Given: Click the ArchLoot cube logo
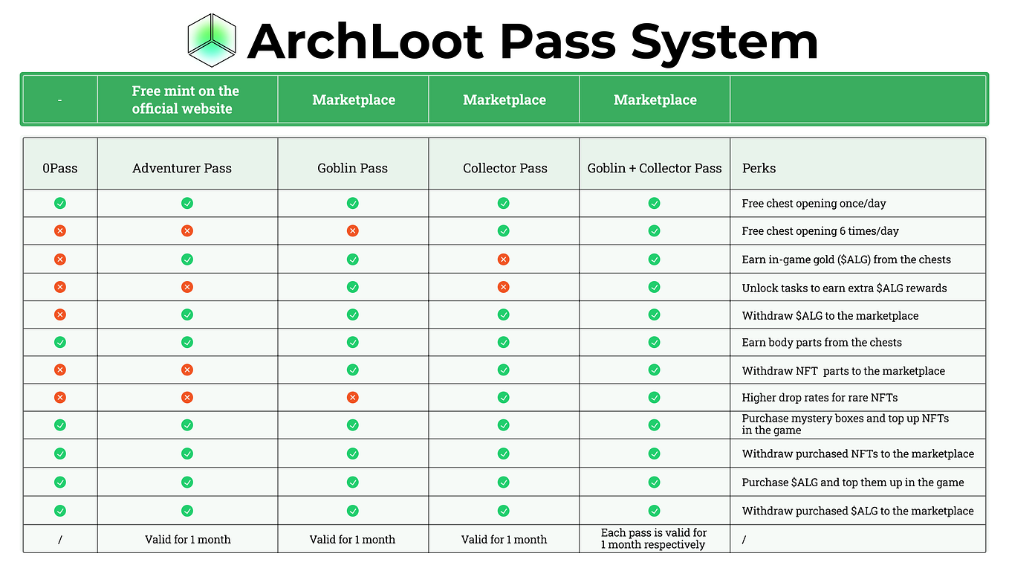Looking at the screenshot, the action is (x=212, y=40).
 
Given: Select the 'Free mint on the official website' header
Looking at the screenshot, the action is (x=185, y=100).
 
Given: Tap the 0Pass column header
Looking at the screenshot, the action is (x=59, y=168).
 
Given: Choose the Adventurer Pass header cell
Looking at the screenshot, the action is (x=182, y=168).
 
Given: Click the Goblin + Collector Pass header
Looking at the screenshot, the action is (x=655, y=168).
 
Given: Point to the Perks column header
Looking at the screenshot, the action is (x=759, y=168).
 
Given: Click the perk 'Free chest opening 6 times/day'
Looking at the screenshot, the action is (x=820, y=231).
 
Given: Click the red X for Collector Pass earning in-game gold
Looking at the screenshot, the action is (x=504, y=259).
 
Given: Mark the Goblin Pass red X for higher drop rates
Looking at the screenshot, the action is (x=353, y=398).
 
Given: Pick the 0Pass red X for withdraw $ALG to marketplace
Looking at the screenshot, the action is (x=60, y=314).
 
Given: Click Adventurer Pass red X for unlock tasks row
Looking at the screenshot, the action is (x=187, y=287).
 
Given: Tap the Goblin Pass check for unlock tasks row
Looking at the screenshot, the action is (x=353, y=287).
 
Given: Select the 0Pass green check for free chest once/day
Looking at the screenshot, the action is (x=60, y=203).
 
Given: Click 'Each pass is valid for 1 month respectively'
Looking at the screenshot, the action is (x=654, y=539).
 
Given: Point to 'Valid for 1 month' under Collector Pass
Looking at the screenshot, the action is (x=504, y=540).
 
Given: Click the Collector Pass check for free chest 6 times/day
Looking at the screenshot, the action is (x=504, y=231).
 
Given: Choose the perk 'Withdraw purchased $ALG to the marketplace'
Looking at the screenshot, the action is (x=857, y=511).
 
